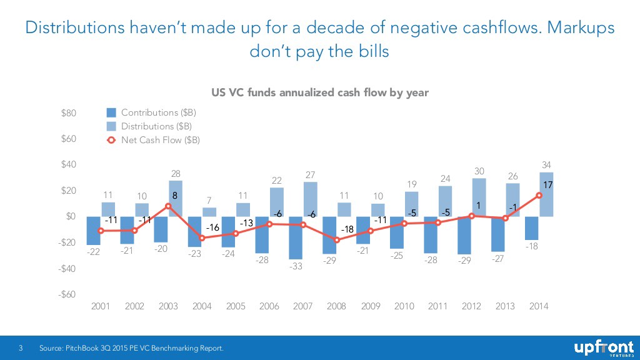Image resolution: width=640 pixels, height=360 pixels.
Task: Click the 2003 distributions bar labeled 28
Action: [176, 197]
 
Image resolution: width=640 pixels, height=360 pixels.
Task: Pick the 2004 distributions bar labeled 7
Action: [209, 212]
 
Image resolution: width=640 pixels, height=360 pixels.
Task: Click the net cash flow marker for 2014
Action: [539, 195]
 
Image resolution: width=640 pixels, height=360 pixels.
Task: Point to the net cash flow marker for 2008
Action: [337, 240]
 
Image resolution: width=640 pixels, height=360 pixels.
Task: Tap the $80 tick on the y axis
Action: [69, 113]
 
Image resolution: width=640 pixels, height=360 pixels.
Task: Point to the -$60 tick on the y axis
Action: [68, 294]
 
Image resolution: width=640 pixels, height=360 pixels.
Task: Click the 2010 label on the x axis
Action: [404, 306]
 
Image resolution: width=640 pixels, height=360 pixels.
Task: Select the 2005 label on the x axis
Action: [236, 306]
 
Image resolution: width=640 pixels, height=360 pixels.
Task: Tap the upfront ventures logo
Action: [603, 348]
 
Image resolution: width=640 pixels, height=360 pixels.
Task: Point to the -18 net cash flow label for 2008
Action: [348, 229]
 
